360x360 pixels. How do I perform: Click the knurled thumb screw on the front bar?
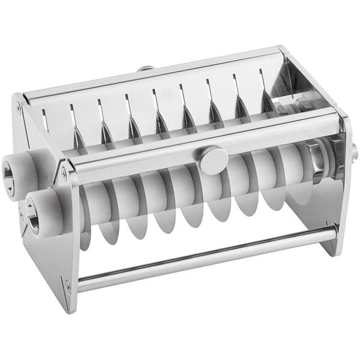pos(214,161)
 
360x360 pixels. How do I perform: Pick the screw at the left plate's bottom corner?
pos(68,287)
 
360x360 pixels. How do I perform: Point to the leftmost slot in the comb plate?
pos(45,120)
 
